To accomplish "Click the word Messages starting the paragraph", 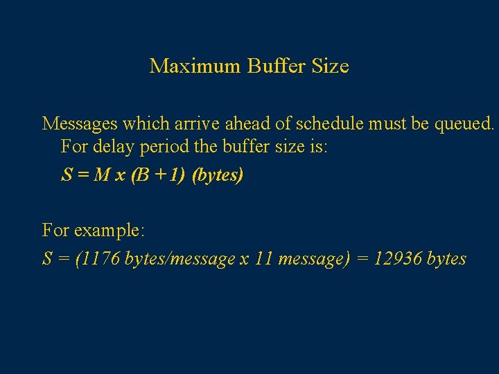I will pyautogui.click(x=80, y=124).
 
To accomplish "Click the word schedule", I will pyautogui.click(x=332, y=124).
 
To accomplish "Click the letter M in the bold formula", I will pyautogui.click(x=101, y=175).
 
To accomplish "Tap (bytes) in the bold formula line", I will pyautogui.click(x=218, y=176).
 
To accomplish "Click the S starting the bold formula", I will pyautogui.click(x=67, y=175).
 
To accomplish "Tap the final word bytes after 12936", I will pyautogui.click(x=446, y=260).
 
